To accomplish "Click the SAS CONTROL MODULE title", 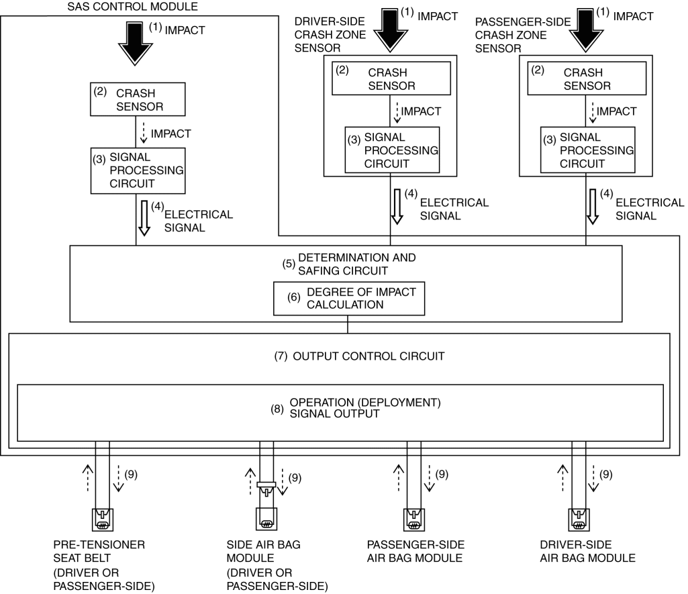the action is [132, 7].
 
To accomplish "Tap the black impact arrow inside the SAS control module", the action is [135, 44].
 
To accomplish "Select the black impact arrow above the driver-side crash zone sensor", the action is [391, 30].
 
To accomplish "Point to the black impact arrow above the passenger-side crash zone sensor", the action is [586, 30].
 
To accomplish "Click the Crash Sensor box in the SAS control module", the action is [138, 99].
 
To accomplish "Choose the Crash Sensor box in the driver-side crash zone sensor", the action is [391, 79].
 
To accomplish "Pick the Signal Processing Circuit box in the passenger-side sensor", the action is [587, 150].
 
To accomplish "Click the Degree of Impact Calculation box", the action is [349, 298].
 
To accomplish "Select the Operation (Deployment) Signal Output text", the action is [365, 408].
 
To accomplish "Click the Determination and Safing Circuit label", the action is [356, 264].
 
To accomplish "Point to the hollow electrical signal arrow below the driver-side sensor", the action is [397, 207].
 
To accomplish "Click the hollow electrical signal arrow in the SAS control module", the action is [144, 219].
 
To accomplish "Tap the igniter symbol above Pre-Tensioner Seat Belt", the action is [103, 520].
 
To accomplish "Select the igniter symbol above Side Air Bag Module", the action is [266, 519].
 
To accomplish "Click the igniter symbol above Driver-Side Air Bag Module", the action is [579, 520].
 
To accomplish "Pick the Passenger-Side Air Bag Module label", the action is [415, 552].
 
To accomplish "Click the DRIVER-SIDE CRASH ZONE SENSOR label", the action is [330, 35].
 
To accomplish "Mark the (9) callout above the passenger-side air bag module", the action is [442, 475].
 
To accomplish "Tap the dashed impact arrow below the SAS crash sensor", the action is [143, 133].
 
